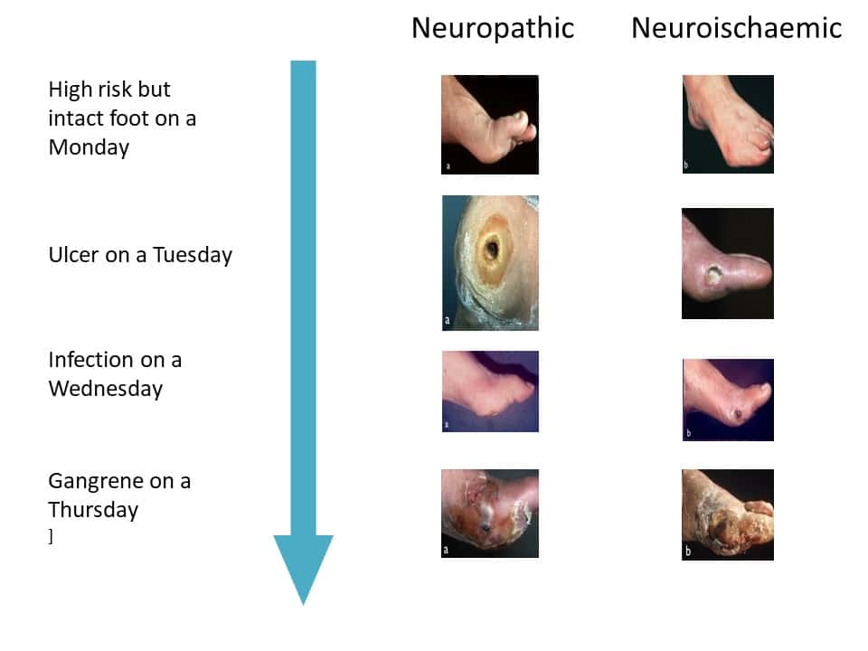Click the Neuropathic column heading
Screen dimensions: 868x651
click(493, 29)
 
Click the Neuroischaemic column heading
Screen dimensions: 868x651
click(736, 28)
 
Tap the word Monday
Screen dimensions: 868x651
click(90, 147)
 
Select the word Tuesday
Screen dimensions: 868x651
click(193, 255)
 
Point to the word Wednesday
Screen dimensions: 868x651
click(106, 389)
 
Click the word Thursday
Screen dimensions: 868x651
click(93, 510)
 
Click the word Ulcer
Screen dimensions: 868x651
click(73, 255)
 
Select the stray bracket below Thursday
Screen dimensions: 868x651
click(51, 536)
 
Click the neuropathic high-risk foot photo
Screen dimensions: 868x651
click(490, 125)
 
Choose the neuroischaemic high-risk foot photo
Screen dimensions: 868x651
click(728, 124)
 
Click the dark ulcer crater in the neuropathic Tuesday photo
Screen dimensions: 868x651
click(492, 250)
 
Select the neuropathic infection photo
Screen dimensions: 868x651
click(490, 392)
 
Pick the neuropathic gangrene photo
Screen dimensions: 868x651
click(490, 514)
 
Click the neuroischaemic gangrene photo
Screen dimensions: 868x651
click(728, 514)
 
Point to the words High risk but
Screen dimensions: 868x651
click(109, 90)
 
